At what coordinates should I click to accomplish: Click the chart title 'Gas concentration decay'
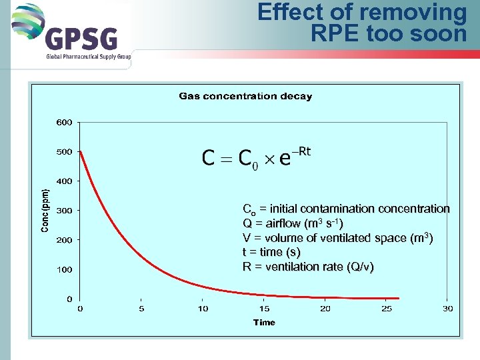point(245,96)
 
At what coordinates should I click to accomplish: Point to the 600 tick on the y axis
point(64,123)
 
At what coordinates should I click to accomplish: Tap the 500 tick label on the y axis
point(64,152)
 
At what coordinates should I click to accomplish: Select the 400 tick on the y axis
point(64,181)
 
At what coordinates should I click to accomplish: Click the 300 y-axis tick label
point(64,211)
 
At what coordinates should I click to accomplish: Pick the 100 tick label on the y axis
point(64,269)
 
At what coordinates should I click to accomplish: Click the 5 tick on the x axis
point(141,309)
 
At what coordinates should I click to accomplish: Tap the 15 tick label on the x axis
point(264,309)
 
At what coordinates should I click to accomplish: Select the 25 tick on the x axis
point(387,309)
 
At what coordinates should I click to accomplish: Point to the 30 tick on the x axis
point(448,309)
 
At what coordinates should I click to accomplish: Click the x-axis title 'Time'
point(264,323)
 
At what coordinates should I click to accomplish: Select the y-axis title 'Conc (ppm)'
point(45,209)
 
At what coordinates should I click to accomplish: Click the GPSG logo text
point(81,39)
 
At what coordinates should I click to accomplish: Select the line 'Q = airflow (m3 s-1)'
point(293,223)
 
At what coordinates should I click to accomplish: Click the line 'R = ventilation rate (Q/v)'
point(307,267)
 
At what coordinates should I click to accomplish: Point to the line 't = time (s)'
point(271,253)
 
